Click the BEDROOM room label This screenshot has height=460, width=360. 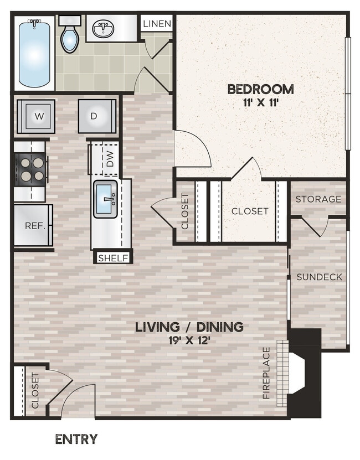pyautogui.click(x=260, y=89)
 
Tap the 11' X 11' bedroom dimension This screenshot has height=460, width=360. pyautogui.click(x=260, y=102)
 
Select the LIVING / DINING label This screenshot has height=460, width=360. pyautogui.click(x=189, y=327)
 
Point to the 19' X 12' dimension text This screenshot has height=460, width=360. pyautogui.click(x=189, y=340)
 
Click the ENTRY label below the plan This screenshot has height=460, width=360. pyautogui.click(x=76, y=440)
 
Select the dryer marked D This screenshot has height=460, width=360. pyautogui.click(x=96, y=116)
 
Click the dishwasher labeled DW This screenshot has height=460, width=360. pyautogui.click(x=110, y=158)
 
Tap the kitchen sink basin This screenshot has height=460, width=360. pyautogui.click(x=106, y=199)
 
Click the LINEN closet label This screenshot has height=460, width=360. pyautogui.click(x=157, y=24)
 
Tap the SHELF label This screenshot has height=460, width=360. pyautogui.click(x=114, y=257)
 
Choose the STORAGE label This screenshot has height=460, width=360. pyautogui.click(x=318, y=199)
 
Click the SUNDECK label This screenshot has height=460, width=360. pyautogui.click(x=320, y=277)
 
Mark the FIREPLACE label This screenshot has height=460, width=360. pyautogui.click(x=266, y=373)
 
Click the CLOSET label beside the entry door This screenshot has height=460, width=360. pyautogui.click(x=35, y=391)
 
